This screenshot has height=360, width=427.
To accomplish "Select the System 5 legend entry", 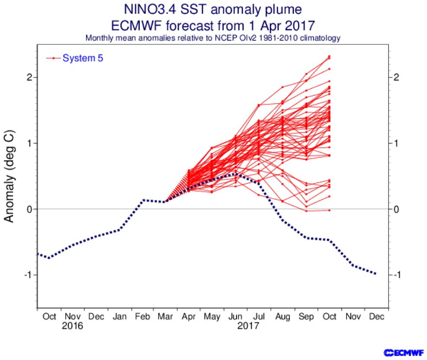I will (83, 58).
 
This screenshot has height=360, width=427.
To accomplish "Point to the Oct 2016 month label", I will (49, 317).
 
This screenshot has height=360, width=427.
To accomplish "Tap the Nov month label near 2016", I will (72, 317).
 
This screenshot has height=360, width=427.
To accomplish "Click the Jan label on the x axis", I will (119, 317).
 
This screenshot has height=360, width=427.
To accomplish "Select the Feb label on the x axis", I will (142, 317).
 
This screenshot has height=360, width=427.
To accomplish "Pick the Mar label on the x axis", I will (166, 317).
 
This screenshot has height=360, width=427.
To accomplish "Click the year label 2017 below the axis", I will (248, 325).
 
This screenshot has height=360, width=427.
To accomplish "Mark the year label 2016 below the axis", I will (72, 325).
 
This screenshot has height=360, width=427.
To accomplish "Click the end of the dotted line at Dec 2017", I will (375, 274).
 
